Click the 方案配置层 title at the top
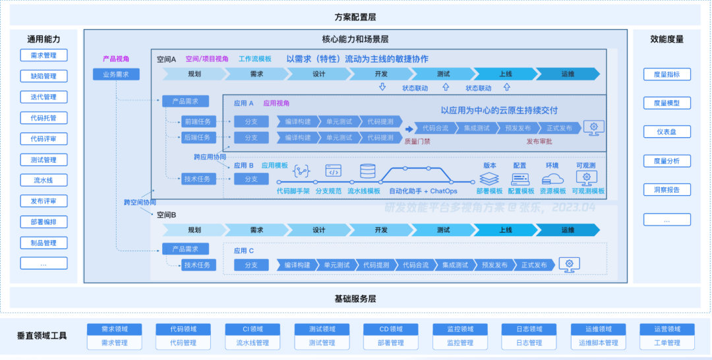click(355, 17)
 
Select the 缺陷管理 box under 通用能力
click(44, 76)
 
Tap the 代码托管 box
click(44, 118)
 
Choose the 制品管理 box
click(44, 243)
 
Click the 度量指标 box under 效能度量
click(667, 74)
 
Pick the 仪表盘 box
click(667, 132)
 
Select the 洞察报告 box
click(667, 190)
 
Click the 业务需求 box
click(116, 75)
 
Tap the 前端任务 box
click(197, 121)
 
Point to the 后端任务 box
click(197, 138)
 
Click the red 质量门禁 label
click(417, 141)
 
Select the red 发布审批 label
click(539, 141)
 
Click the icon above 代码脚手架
click(301, 171)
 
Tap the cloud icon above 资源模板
click(552, 178)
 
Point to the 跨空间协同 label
click(140, 202)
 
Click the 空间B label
click(166, 215)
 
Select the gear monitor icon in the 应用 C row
click(569, 264)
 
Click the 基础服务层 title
click(355, 299)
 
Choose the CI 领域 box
click(252, 329)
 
